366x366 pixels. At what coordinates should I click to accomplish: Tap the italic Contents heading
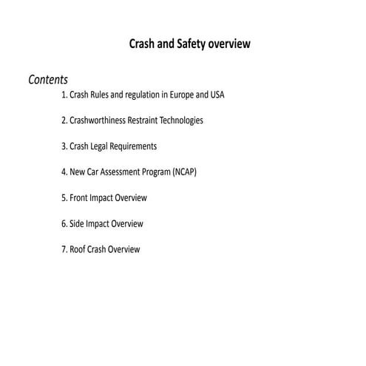[x=48, y=80]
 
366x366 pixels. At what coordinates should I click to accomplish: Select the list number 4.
[x=64, y=172]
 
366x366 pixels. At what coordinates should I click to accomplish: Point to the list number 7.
[x=64, y=250]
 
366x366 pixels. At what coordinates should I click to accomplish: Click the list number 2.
[x=64, y=120]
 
